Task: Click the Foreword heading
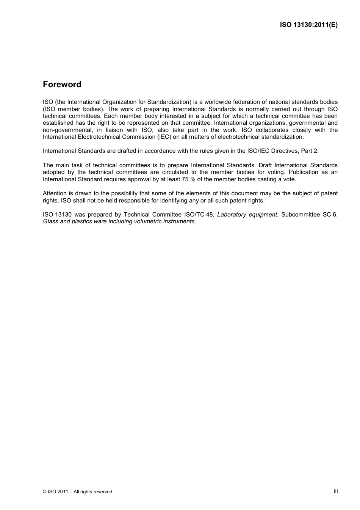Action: pos(62,85)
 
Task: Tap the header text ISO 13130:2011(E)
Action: pos(308,25)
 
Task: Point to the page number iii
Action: pos(336,491)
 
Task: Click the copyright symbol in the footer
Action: pos(45,492)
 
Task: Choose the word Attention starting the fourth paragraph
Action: pos(55,193)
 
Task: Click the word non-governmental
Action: pos(67,130)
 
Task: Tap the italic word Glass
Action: pos(51,221)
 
